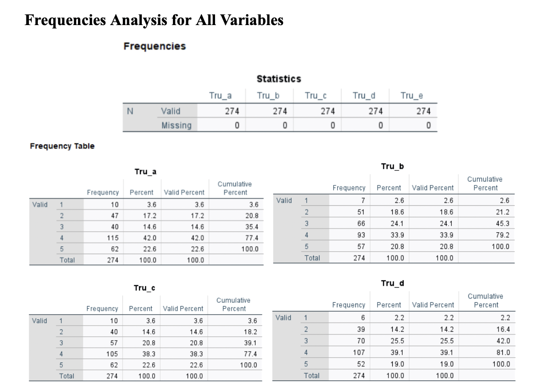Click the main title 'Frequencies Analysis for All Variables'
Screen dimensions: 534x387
154,20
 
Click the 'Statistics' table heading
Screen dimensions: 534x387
278,79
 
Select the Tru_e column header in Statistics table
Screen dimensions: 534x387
412,96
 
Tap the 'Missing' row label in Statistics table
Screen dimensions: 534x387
176,125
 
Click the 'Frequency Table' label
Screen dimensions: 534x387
62,146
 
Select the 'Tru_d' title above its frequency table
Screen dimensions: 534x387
392,283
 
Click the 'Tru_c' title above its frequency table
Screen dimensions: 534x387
145,288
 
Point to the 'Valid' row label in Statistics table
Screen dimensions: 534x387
170,111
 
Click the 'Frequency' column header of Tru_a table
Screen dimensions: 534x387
103,193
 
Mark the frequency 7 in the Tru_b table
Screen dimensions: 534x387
362,201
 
